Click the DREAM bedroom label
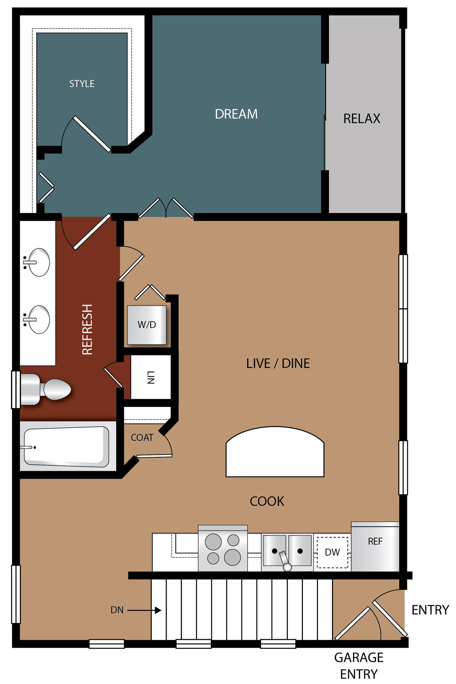click(236, 114)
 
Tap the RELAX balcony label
click(362, 119)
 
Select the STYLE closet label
click(82, 84)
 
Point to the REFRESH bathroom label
click(88, 329)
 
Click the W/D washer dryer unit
click(147, 325)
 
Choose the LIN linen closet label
click(151, 377)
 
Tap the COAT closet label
click(142, 437)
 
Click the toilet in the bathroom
click(46, 390)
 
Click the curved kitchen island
click(275, 452)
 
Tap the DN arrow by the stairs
click(144, 610)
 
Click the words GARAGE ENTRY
click(359, 666)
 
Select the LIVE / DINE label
click(278, 363)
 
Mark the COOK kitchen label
click(267, 501)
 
